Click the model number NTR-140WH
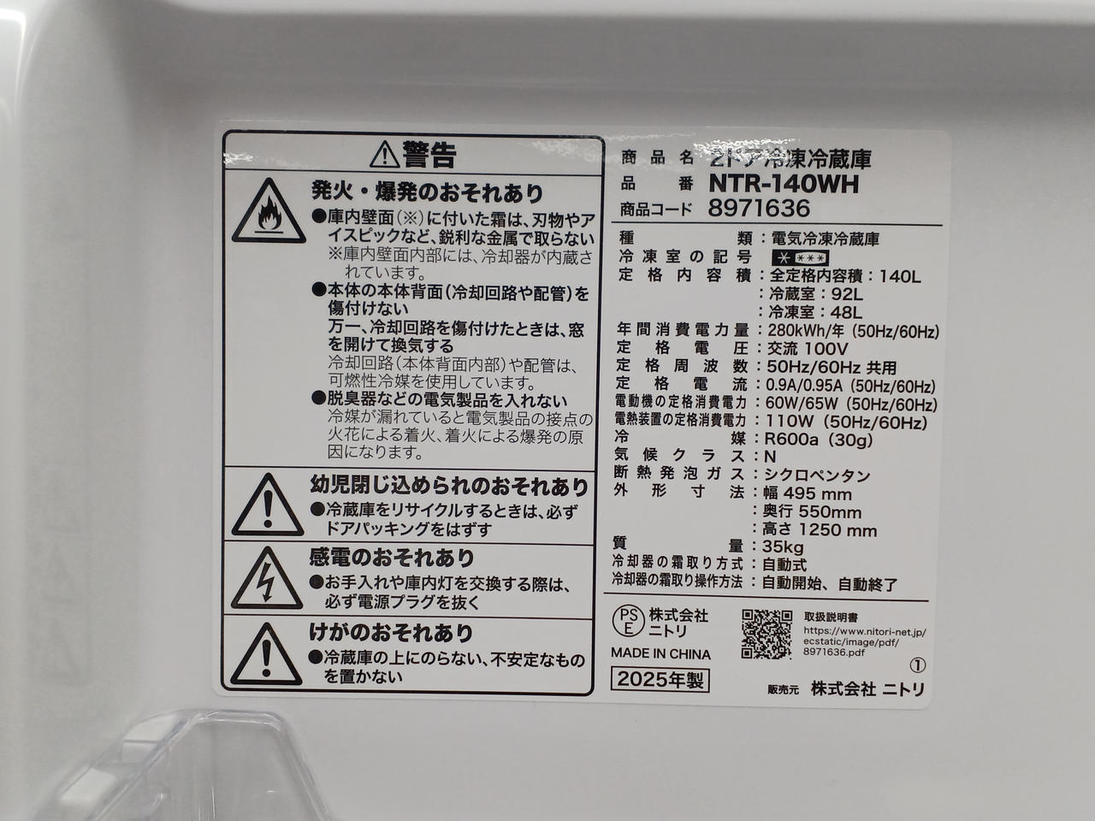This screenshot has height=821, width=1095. pyautogui.click(x=784, y=184)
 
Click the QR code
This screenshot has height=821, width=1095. pyautogui.click(x=766, y=634)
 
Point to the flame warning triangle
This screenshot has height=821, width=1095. pyautogui.click(x=269, y=211)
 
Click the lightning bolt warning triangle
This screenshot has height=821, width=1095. pyautogui.click(x=267, y=579)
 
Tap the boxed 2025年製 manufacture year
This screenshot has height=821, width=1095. pyautogui.click(x=660, y=679)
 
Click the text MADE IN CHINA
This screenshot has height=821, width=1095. pyautogui.click(x=661, y=653)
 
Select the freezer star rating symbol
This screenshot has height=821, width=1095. pyautogui.click(x=800, y=258)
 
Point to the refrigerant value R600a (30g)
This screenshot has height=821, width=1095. pyautogui.click(x=819, y=440)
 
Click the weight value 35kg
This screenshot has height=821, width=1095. pyautogui.click(x=783, y=546)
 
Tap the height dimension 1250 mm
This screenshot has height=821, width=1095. pyautogui.click(x=838, y=530)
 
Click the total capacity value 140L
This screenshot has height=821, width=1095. pyautogui.click(x=900, y=275)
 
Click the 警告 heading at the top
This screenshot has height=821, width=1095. pyautogui.click(x=429, y=155)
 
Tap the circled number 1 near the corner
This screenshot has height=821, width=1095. pyautogui.click(x=918, y=665)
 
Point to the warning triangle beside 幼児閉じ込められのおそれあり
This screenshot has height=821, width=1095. pyautogui.click(x=268, y=505)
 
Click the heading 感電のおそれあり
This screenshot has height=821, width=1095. pyautogui.click(x=391, y=558)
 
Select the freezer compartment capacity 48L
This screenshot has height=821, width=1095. pyautogui.click(x=846, y=312)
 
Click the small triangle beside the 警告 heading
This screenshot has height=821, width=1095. pyautogui.click(x=385, y=155)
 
